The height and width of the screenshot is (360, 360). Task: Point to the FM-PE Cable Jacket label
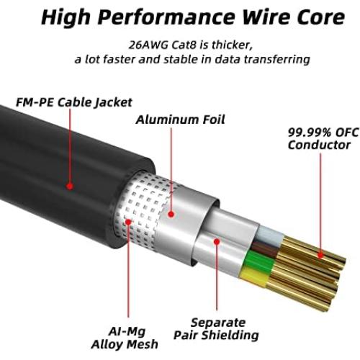(69, 102)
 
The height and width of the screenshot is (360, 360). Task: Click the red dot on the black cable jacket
(70, 186)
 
